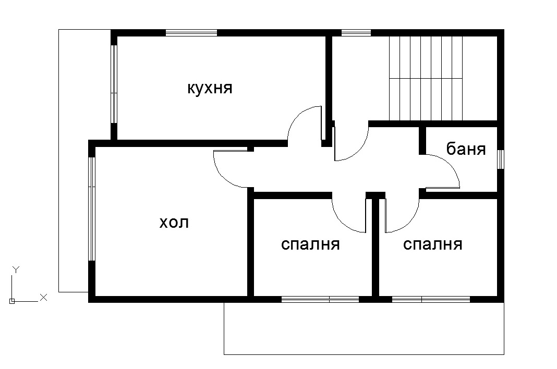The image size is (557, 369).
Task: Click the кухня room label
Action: tap(210, 88)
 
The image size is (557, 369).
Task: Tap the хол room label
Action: tap(174, 223)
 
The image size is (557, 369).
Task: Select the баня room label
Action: tap(466, 150)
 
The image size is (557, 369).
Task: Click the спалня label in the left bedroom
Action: tap(310, 244)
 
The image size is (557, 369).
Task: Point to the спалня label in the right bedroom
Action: tap(433, 244)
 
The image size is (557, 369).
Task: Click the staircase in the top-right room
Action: tap(426, 78)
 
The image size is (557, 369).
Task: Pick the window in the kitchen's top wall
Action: tap(191, 33)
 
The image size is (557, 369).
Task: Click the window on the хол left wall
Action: tap(92, 208)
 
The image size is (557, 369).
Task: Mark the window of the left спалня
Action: tap(320, 299)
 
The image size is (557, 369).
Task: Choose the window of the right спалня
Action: tap(431, 299)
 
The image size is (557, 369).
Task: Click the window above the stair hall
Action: tap(356, 33)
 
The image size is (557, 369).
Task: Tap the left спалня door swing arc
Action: tap(342, 222)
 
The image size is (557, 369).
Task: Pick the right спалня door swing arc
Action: tap(408, 222)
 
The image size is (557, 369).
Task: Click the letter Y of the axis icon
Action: tap(16, 269)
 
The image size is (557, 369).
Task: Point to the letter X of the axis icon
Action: tap(44, 297)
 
